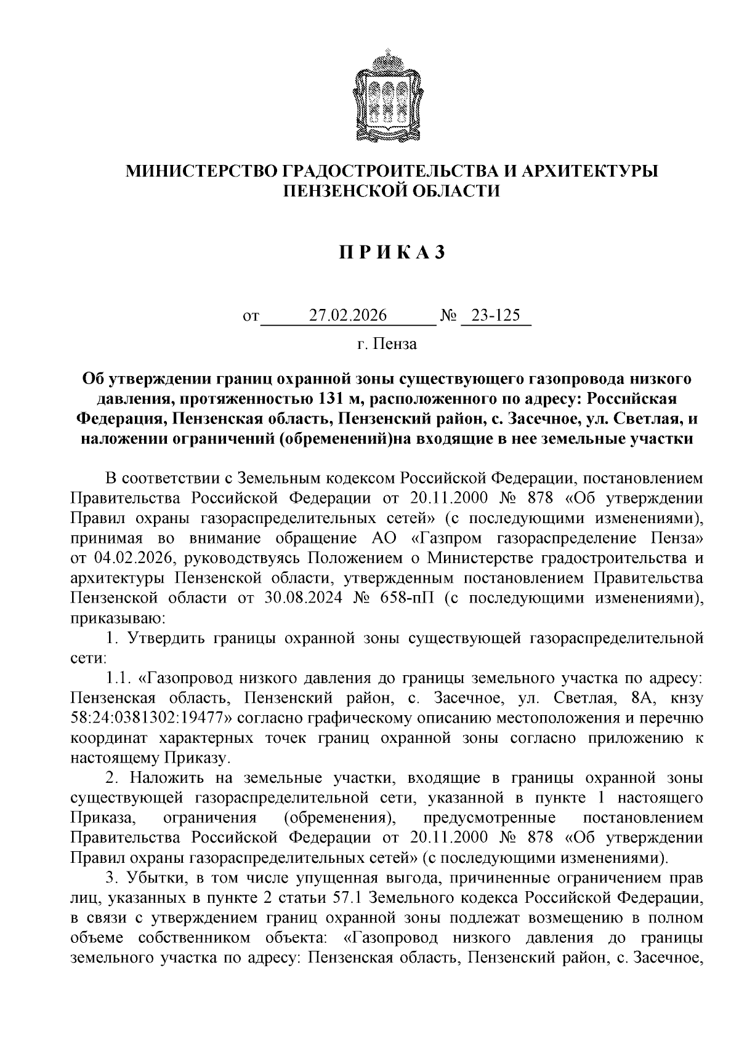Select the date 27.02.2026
(x=348, y=316)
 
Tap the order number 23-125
(x=496, y=316)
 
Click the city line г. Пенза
(x=387, y=344)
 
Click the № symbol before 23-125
(x=448, y=316)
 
